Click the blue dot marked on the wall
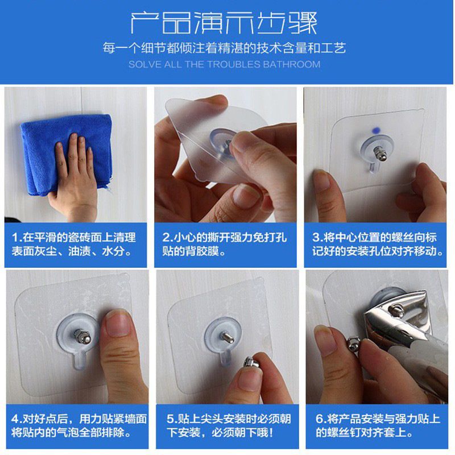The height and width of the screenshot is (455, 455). (x=376, y=131)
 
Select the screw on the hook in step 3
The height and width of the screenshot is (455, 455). (x=379, y=153)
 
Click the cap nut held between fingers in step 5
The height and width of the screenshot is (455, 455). (x=251, y=363)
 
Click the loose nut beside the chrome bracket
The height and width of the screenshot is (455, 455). (x=354, y=344)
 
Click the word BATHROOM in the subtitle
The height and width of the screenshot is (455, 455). (x=292, y=64)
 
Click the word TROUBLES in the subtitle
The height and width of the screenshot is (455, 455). (x=234, y=64)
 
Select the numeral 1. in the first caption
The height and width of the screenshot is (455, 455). (x=17, y=238)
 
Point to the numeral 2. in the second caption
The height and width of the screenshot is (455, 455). (x=168, y=238)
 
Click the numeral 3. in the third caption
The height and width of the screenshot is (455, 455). (x=318, y=238)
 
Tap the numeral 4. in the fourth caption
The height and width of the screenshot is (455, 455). (x=17, y=419)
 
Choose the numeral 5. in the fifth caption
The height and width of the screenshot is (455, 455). (x=172, y=419)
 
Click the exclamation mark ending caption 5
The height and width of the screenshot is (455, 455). (x=271, y=433)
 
